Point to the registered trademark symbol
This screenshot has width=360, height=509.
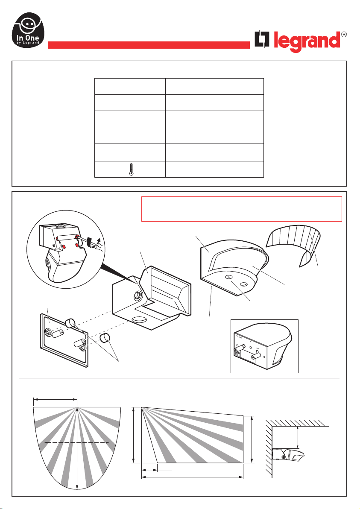pyautogui.click(x=343, y=34)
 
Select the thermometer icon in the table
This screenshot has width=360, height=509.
pyautogui.click(x=130, y=170)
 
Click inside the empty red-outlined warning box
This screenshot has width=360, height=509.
pyautogui.click(x=241, y=209)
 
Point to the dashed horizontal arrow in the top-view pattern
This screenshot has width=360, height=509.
pyautogui.click(x=77, y=443)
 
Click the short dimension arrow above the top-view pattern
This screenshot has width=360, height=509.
pyautogui.click(x=55, y=400)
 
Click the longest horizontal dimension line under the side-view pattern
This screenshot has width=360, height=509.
pyautogui.click(x=192, y=477)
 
